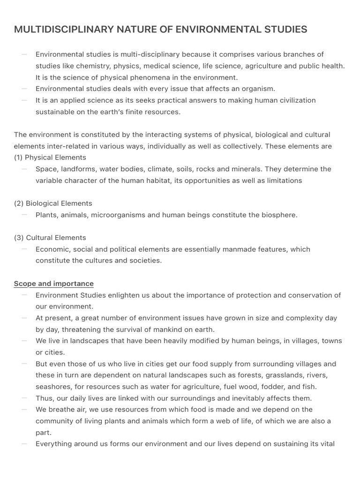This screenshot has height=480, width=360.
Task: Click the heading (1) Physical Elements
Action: coord(50,157)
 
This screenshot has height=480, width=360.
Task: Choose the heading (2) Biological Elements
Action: coord(53,203)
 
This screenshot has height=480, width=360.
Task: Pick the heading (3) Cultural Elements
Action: coord(50,238)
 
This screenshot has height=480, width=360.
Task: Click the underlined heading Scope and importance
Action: coord(53,284)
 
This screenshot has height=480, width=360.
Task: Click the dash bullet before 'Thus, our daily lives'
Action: coord(24,398)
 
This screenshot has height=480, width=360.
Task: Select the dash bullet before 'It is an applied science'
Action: coord(24,100)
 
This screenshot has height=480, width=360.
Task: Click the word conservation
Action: coord(310,295)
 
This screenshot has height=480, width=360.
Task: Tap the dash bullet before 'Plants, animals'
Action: coord(24,215)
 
